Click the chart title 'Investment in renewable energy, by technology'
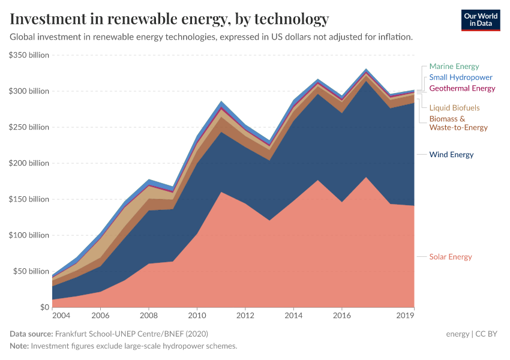pos(170,19)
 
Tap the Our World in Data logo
pos(480,19)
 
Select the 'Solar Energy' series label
pos(451,257)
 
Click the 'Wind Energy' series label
pos(451,155)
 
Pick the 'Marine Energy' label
pos(454,67)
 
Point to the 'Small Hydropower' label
pos(460,77)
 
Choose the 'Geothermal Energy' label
pos(462,88)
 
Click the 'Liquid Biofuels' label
pos(454,108)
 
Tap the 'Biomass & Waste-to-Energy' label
pos(458,123)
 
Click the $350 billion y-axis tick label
pos(29,55)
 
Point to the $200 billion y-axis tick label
pos(29,163)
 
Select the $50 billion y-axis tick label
pos(31,271)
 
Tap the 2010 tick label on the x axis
pos(197,316)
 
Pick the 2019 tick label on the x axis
pos(406,316)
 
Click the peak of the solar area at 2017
pos(366,178)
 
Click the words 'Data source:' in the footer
pos(31,334)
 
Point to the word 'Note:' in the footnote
pos(19,346)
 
